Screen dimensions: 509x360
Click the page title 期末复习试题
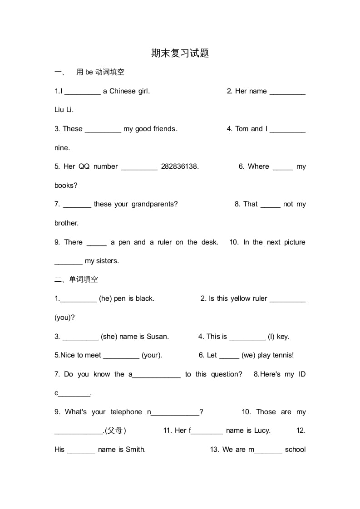180,53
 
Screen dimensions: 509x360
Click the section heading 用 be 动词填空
100,72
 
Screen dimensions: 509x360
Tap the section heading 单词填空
83,279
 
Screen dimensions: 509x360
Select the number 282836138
180,166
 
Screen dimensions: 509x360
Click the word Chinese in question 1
123,91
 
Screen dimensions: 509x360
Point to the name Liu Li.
64,110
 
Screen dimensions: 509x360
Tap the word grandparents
154,204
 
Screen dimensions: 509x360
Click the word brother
66,223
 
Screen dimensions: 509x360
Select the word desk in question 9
209,242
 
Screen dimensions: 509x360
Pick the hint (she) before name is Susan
109,337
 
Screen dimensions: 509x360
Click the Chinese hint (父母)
115,431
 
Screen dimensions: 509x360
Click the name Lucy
262,431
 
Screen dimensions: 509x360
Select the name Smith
135,450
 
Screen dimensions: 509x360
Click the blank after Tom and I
287,129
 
